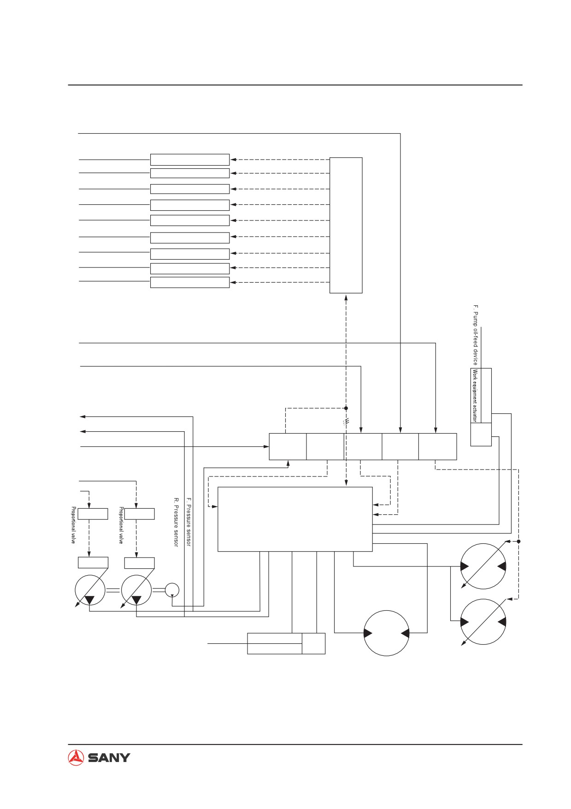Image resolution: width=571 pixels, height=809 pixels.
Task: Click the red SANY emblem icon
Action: click(76, 758)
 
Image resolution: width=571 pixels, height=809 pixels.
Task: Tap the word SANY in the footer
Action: click(109, 758)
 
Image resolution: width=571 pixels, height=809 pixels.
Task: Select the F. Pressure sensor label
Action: click(188, 522)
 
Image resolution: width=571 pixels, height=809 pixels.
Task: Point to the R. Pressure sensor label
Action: click(176, 522)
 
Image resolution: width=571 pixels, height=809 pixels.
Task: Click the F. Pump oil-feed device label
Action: click(476, 334)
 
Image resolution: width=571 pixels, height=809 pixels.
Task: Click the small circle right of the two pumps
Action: click(172, 589)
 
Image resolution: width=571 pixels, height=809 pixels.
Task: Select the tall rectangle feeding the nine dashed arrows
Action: click(346, 225)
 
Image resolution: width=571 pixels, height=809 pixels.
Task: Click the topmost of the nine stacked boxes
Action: click(190, 160)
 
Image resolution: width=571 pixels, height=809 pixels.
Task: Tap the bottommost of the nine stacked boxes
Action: click(190, 282)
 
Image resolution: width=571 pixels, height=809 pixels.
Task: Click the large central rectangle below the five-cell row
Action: click(295, 519)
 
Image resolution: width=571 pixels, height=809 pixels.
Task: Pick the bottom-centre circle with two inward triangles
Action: click(386, 633)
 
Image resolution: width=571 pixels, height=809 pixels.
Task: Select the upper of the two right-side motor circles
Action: click(483, 566)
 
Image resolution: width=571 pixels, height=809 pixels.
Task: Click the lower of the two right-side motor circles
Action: click(483, 622)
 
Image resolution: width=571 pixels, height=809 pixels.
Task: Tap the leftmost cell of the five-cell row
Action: click(288, 446)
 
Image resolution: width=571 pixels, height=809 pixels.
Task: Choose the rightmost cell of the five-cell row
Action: click(437, 446)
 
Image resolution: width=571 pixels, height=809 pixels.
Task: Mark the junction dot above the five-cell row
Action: click(346, 408)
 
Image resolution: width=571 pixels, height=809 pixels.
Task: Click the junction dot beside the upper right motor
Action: click(518, 541)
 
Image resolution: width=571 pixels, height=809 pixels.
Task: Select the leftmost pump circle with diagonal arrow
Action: click(90, 589)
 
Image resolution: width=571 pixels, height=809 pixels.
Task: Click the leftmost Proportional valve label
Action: click(73, 525)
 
